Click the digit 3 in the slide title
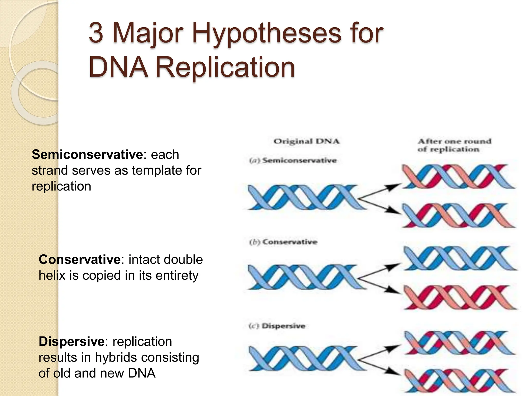pyautogui.click(x=96, y=33)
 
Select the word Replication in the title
pyautogui.click(x=225, y=68)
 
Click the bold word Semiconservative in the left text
pyautogui.click(x=87, y=155)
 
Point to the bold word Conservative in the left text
pyautogui.click(x=80, y=259)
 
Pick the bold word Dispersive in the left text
pyautogui.click(x=72, y=342)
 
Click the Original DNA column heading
pyautogui.click(x=306, y=142)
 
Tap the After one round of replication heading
pyautogui.click(x=454, y=145)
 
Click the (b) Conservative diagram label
pyautogui.click(x=283, y=242)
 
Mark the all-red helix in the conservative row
pyautogui.click(x=459, y=297)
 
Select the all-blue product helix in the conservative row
pyautogui.click(x=459, y=258)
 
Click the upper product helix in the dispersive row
pyautogui.click(x=459, y=342)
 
